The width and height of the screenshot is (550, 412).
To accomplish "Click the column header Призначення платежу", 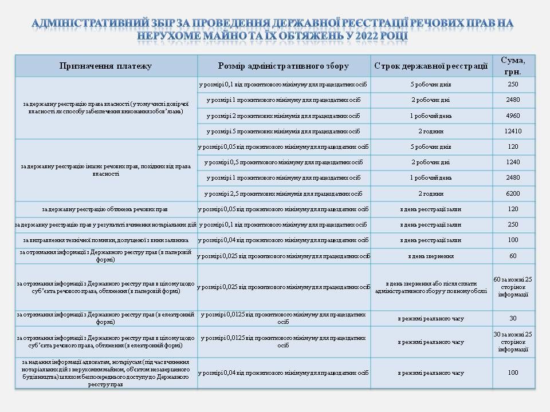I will (105, 66).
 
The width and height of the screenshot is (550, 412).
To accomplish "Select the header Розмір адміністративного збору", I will (284, 66).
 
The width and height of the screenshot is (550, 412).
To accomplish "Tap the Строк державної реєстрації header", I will (431, 66).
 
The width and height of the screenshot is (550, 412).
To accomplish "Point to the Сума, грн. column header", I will (513, 65).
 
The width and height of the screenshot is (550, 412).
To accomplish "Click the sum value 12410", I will (513, 131).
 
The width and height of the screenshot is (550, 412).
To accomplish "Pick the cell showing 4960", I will (513, 116).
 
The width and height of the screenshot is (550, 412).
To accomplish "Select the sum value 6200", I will (513, 193).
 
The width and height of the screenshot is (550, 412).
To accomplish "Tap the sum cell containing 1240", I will (513, 162).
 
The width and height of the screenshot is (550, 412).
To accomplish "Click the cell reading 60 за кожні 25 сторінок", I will (513, 287).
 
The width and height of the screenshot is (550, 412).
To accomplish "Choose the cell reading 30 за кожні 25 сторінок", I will (513, 342).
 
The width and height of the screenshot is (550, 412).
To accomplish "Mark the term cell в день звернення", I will (431, 256).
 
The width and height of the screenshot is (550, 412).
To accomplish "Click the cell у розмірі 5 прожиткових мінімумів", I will (284, 131).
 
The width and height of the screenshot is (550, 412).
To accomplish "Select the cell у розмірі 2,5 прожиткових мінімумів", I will (284, 193).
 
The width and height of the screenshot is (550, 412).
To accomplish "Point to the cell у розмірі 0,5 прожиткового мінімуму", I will (284, 162).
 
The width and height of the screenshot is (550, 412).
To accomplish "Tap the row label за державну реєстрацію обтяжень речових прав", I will (105, 209).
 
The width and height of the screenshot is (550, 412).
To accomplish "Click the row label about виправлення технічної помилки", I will (105, 240).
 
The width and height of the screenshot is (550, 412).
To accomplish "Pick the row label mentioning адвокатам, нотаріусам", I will (105, 373).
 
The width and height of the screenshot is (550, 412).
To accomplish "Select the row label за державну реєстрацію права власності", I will (105, 108).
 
